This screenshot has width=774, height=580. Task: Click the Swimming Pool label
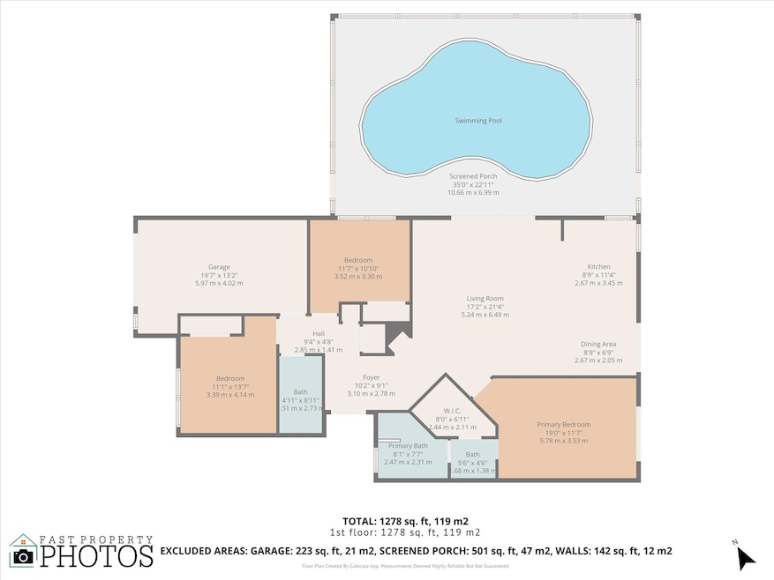tap(477, 120)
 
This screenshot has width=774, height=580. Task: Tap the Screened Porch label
tap(473, 176)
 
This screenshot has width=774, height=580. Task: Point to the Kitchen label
tap(598, 267)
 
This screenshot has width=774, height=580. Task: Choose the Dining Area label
tap(598, 344)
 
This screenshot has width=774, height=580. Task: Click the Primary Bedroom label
tap(563, 425)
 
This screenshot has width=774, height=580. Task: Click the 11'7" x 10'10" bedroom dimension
tap(358, 268)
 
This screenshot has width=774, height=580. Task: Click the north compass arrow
tap(746, 557)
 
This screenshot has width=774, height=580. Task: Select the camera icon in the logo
tap(24, 555)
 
